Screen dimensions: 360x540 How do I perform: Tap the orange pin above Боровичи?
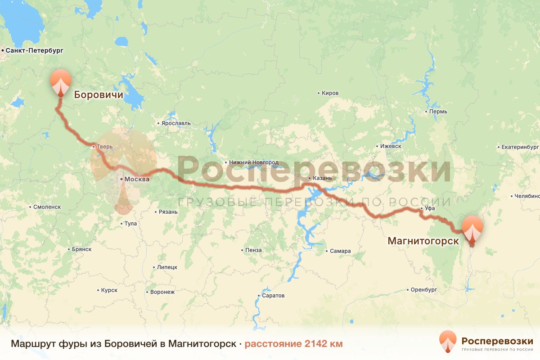coord(60,82)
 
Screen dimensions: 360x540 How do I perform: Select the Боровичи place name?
coord(99,94)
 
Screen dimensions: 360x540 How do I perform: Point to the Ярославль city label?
coord(175,123)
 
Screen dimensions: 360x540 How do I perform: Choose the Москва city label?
coord(136,179)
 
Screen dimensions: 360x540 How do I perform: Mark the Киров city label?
coord(330,94)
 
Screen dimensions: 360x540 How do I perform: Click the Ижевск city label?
coord(389,147)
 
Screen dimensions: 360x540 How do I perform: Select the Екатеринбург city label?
coord(520,147)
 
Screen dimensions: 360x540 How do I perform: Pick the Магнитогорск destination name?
coord(423,241)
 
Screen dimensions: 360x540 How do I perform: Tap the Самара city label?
coord(340,251)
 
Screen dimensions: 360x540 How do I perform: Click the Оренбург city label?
coord(423,290)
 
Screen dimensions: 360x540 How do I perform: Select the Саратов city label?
coord(274,296)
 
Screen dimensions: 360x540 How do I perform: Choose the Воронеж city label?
coord(162,292)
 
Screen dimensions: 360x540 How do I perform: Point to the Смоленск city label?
coord(47,207)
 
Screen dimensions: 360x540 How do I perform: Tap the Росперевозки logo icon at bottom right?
coord(448,341)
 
